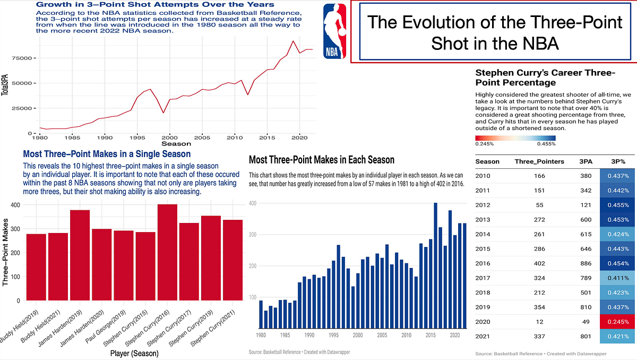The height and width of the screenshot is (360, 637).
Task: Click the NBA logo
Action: click(x=334, y=30)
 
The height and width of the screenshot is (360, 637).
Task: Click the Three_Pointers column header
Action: click(x=539, y=161)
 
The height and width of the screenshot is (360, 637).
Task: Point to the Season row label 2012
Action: click(x=484, y=205)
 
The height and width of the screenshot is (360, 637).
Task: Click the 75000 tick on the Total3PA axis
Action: click(x=24, y=57)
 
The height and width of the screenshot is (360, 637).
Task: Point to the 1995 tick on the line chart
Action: click(x=137, y=137)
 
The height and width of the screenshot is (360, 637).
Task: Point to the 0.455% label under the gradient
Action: click(x=546, y=143)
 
